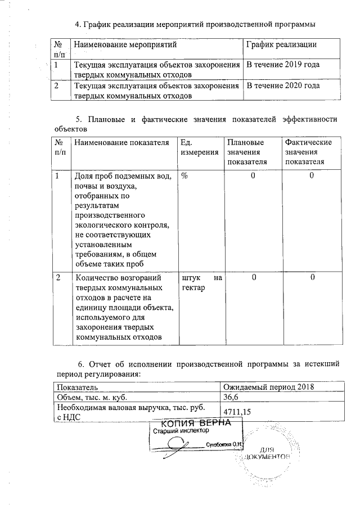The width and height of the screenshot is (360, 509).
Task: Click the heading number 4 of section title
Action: (78, 24)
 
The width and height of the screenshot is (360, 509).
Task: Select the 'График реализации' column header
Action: (281, 44)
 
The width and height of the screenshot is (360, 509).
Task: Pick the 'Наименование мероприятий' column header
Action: (125, 44)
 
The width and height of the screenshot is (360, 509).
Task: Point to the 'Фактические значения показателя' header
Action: (308, 152)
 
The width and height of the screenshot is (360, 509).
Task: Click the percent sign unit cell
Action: (184, 176)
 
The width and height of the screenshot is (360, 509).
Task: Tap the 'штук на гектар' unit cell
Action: (201, 282)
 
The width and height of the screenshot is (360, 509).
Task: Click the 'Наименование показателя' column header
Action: (121, 143)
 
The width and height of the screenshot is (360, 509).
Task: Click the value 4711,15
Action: (237, 412)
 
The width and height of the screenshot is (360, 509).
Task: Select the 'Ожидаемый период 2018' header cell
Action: (268, 387)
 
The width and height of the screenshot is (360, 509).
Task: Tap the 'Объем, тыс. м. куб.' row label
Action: (92, 397)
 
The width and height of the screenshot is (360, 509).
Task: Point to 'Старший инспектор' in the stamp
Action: (181, 431)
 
